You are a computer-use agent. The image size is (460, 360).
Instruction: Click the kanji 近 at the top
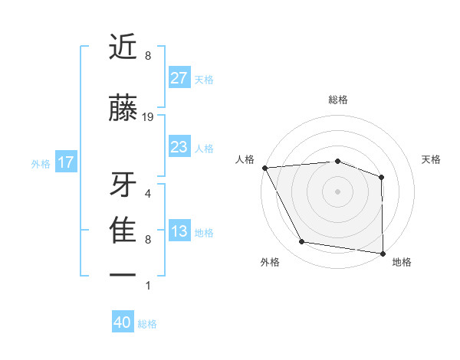[123, 47]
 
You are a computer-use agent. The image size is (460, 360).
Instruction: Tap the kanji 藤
[123, 109]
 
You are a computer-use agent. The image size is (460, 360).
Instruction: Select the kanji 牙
[123, 184]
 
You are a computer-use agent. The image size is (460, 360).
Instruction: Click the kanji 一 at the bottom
[123, 274]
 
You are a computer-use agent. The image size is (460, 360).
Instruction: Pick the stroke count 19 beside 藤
[148, 117]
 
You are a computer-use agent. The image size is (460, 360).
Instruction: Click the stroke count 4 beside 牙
[148, 193]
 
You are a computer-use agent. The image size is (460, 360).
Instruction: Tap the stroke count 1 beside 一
[148, 286]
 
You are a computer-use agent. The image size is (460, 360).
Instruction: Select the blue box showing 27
[179, 78]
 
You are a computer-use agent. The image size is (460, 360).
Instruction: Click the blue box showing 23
[179, 147]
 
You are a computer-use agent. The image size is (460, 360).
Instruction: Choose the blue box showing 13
[179, 231]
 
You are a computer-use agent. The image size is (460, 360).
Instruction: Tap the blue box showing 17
[65, 162]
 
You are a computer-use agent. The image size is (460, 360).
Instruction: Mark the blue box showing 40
[123, 322]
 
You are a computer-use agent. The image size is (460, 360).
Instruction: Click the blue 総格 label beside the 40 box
[147, 324]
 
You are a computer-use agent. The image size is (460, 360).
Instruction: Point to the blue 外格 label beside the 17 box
[41, 163]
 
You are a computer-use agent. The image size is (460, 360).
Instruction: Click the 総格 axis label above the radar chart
[338, 100]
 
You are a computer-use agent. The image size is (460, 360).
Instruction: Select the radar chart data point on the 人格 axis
[264, 168]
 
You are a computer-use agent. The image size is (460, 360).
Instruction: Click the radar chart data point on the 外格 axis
[302, 242]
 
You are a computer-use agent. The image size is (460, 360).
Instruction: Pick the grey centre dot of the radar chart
[338, 191]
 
